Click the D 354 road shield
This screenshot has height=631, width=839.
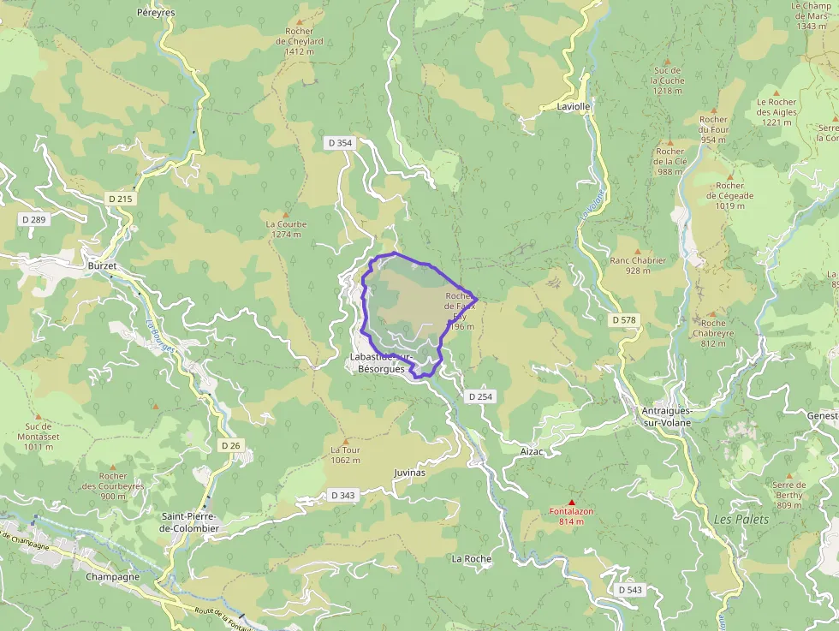pos(339,143)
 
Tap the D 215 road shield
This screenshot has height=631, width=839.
pos(122,199)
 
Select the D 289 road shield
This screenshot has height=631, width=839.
pos(33,219)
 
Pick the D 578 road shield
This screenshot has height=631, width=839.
pos(625,320)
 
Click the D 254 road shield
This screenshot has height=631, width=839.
pos(481,396)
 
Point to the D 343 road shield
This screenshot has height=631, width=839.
pos(342,495)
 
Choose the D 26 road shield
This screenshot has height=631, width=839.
pos(230,445)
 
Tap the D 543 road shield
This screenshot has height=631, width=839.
pos(629,590)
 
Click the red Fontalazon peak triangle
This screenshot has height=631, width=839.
pos(572,503)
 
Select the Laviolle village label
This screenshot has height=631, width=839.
pos(562,107)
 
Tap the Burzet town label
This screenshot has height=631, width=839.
pos(102,266)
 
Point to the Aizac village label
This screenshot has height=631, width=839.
pos(532,449)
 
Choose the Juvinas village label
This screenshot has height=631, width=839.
pos(409,473)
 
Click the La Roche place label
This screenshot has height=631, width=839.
pos(472,559)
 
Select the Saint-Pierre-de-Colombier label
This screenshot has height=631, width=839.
pos(190,522)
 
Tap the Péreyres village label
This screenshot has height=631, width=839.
pos(156,14)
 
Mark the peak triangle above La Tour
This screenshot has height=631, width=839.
pos(346,441)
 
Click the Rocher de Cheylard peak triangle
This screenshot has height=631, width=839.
pos(300,21)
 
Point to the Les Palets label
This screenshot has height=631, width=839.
pos(741,520)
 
